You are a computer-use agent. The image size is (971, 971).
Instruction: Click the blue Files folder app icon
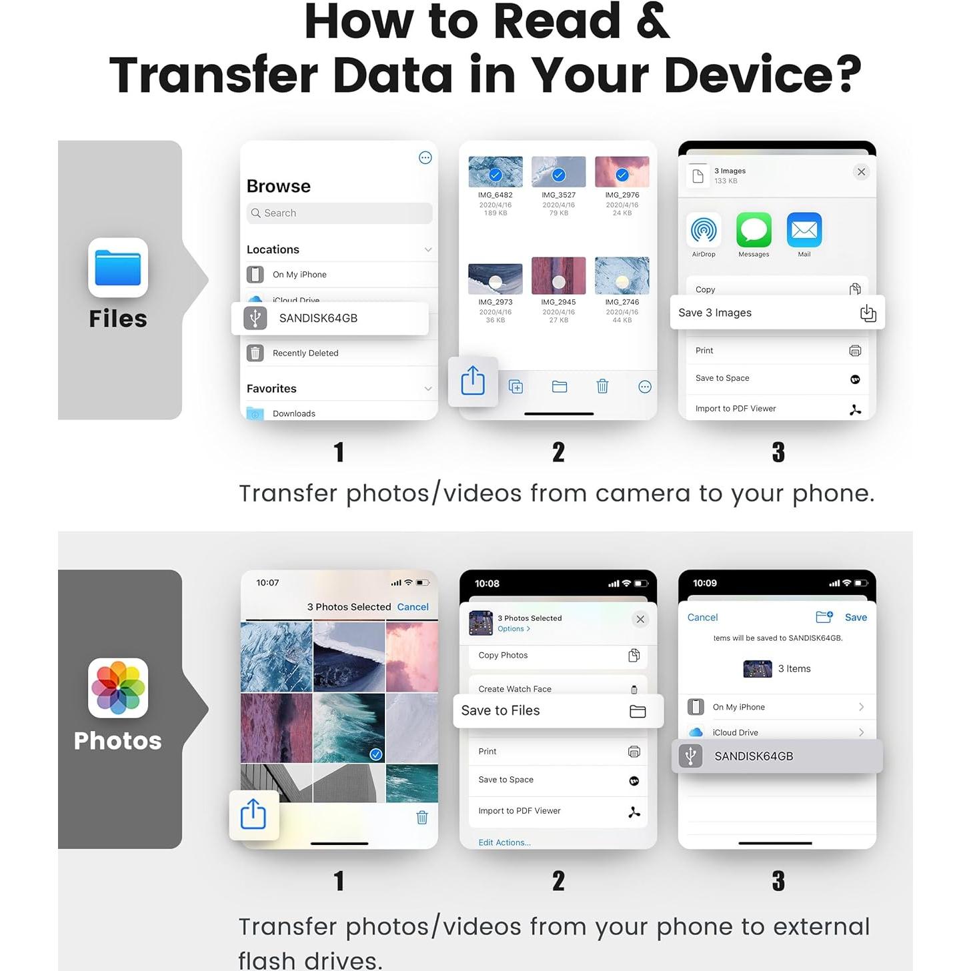tap(118, 267)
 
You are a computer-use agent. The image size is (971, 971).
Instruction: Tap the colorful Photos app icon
tap(118, 688)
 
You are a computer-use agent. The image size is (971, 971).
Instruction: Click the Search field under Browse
tap(339, 213)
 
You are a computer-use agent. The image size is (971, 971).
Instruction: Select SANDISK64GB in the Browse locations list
tap(318, 318)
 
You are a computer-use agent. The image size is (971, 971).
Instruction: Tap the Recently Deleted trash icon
tap(255, 353)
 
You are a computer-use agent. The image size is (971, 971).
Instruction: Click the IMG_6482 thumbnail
tap(496, 172)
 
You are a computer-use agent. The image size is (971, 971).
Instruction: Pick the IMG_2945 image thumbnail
tap(558, 275)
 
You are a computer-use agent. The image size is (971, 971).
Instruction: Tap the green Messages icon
tap(754, 231)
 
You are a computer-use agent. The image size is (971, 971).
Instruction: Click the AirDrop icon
tap(704, 231)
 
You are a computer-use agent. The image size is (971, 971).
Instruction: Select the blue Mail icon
tap(804, 231)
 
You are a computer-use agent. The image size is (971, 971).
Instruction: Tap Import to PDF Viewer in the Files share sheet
tap(736, 409)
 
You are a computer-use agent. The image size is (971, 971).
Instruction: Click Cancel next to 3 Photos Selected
tap(413, 607)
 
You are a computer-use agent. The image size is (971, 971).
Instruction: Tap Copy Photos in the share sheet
tap(503, 656)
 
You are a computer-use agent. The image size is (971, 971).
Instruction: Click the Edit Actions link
tap(504, 842)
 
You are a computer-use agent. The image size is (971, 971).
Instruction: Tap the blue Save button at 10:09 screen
tap(856, 618)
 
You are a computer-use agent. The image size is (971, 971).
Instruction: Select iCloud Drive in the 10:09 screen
tap(735, 732)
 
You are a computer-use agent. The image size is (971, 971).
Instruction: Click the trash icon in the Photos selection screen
tap(421, 818)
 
